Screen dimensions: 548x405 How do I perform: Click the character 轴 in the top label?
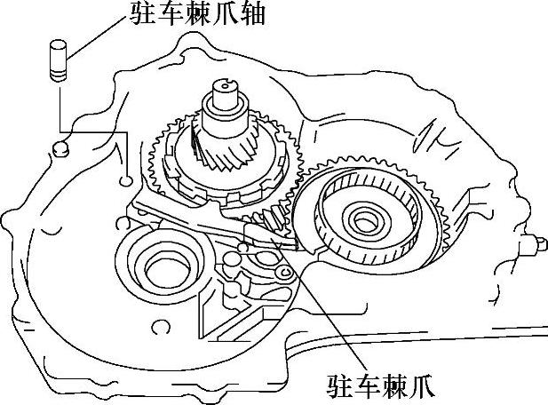250,14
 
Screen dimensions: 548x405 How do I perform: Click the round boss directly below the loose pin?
60,147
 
